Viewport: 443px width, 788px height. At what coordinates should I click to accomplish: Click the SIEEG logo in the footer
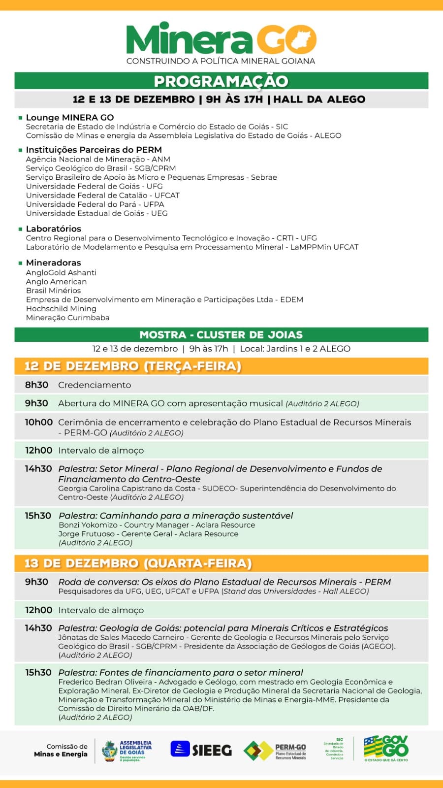coord(201,750)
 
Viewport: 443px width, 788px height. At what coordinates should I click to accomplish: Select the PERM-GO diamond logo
coord(258,751)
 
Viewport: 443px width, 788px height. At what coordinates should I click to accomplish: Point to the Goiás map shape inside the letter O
coord(301,39)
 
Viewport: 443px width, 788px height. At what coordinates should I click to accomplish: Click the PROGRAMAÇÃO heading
coord(221,81)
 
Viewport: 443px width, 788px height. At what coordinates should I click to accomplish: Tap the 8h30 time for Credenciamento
coord(37,385)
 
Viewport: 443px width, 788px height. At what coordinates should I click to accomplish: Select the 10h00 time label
coord(39,422)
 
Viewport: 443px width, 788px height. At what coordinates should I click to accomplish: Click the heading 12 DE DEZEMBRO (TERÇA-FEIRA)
coord(133,366)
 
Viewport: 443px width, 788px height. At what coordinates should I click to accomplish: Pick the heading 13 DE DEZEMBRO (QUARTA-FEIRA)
coord(138,563)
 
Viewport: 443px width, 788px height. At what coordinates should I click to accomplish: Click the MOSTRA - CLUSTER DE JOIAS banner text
coord(221,335)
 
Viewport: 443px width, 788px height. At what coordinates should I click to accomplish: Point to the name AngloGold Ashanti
coord(61,272)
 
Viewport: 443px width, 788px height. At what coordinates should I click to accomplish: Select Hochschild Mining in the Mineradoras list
coord(61,309)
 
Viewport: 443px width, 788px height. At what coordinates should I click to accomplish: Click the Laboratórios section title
coord(54,229)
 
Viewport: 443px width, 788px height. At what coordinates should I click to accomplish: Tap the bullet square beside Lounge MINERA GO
coord(21,118)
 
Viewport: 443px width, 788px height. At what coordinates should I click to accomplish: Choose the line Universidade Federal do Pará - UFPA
coord(95,204)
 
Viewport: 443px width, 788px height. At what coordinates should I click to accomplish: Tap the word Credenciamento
coord(95,385)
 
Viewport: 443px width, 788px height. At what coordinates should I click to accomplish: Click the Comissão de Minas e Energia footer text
coord(61,750)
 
